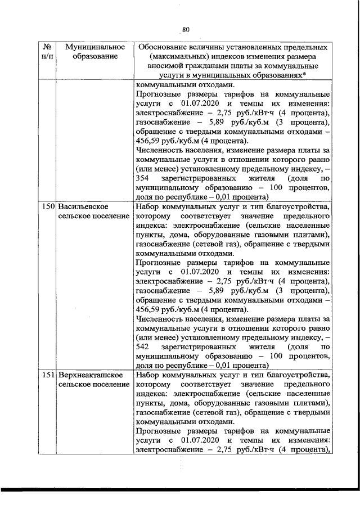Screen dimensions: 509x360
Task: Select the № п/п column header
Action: [x=48, y=52]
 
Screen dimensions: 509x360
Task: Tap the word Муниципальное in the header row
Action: [x=87, y=47]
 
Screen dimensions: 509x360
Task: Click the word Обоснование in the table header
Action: [x=162, y=47]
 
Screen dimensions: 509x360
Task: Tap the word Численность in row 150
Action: [x=158, y=319]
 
